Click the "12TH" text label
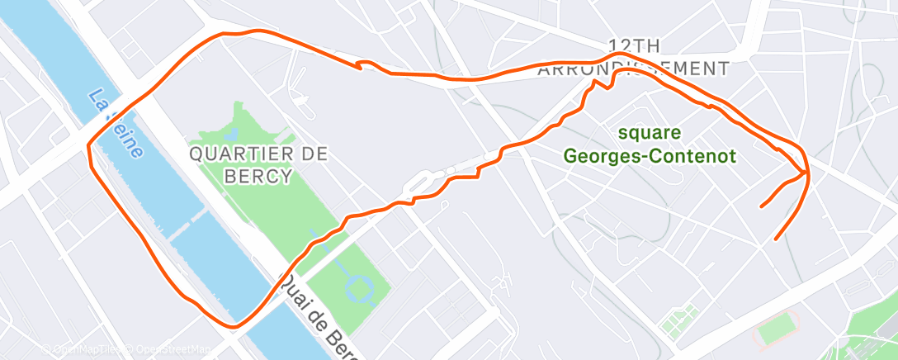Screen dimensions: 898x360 point(633,45)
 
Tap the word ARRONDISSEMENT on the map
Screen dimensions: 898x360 point(633,69)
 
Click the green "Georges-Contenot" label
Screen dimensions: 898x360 point(650,155)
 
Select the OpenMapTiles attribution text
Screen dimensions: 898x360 point(83,350)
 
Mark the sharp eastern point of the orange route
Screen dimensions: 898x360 point(807,173)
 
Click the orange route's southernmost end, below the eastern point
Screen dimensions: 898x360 point(775,239)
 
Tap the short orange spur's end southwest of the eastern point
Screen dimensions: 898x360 point(761,204)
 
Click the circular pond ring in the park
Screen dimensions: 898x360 point(361,289)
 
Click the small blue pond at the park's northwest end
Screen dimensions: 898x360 point(230,132)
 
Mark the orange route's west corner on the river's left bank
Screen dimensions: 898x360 point(89,147)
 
